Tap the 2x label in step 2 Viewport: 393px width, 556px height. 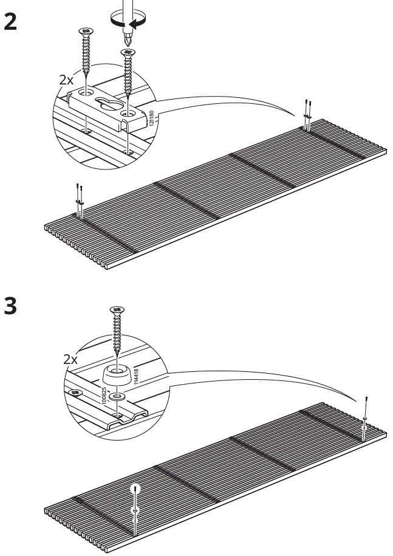(x=66, y=80)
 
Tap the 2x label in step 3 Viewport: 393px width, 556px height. (x=70, y=359)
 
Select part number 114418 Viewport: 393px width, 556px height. (x=137, y=376)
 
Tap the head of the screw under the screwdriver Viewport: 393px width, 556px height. (x=128, y=53)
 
